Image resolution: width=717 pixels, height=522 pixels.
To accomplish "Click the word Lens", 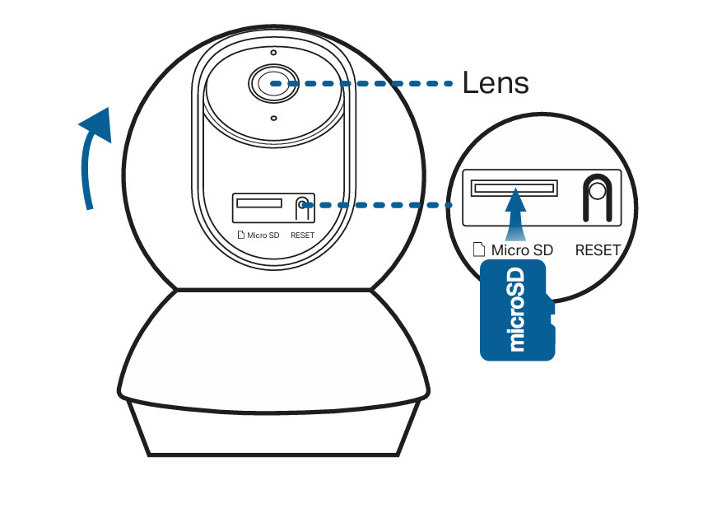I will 495,82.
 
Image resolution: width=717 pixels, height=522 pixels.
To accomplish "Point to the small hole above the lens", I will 273,53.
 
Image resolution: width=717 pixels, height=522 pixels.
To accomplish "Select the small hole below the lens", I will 273,119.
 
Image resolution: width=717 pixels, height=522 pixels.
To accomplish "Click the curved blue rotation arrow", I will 93,156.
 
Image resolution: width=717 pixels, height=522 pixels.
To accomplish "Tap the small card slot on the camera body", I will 258,203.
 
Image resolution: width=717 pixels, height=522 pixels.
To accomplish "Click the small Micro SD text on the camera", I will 263,235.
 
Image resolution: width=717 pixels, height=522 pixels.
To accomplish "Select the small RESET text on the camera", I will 302,235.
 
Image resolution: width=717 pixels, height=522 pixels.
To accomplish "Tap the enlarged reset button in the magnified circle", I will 597,190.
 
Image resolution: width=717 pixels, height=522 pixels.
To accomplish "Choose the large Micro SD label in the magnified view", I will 522,249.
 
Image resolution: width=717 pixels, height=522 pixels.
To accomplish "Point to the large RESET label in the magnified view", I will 598,249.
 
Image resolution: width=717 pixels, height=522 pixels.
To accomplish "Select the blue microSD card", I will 516,310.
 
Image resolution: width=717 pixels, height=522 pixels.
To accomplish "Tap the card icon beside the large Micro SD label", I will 479,249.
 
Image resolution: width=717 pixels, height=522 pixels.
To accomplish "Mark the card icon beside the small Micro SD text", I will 240,235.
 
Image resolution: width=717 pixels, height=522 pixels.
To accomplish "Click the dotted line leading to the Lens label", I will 370,83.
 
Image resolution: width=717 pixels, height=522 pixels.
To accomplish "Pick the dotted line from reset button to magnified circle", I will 379,204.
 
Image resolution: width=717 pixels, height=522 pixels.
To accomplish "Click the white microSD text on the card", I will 517,311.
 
